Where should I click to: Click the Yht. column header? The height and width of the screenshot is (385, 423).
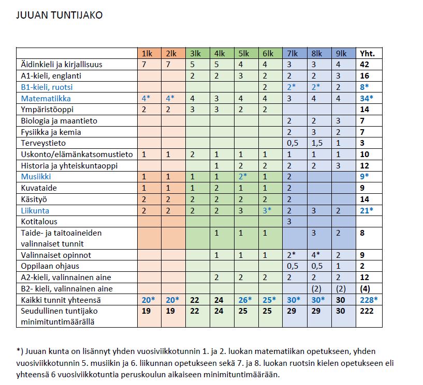tap(367, 53)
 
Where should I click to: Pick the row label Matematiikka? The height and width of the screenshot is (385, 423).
tap(46, 98)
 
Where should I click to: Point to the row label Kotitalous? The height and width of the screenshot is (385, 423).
tap(39, 221)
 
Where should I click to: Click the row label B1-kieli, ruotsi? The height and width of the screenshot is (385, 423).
tap(50, 87)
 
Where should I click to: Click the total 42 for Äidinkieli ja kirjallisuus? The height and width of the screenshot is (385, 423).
tap(364, 65)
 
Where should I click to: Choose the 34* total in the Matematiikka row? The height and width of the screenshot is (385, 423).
tap(367, 98)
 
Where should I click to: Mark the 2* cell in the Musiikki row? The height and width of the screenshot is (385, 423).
tap(243, 177)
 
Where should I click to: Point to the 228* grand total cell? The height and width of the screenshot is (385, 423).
tap(369, 300)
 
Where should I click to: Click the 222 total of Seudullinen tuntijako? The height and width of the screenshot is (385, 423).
tap(367, 311)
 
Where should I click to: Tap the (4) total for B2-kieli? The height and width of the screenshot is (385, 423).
tap(366, 288)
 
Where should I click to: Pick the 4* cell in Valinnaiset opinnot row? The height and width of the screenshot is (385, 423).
tap(317, 255)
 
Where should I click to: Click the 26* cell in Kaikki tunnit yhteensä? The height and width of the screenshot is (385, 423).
tap(243, 300)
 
